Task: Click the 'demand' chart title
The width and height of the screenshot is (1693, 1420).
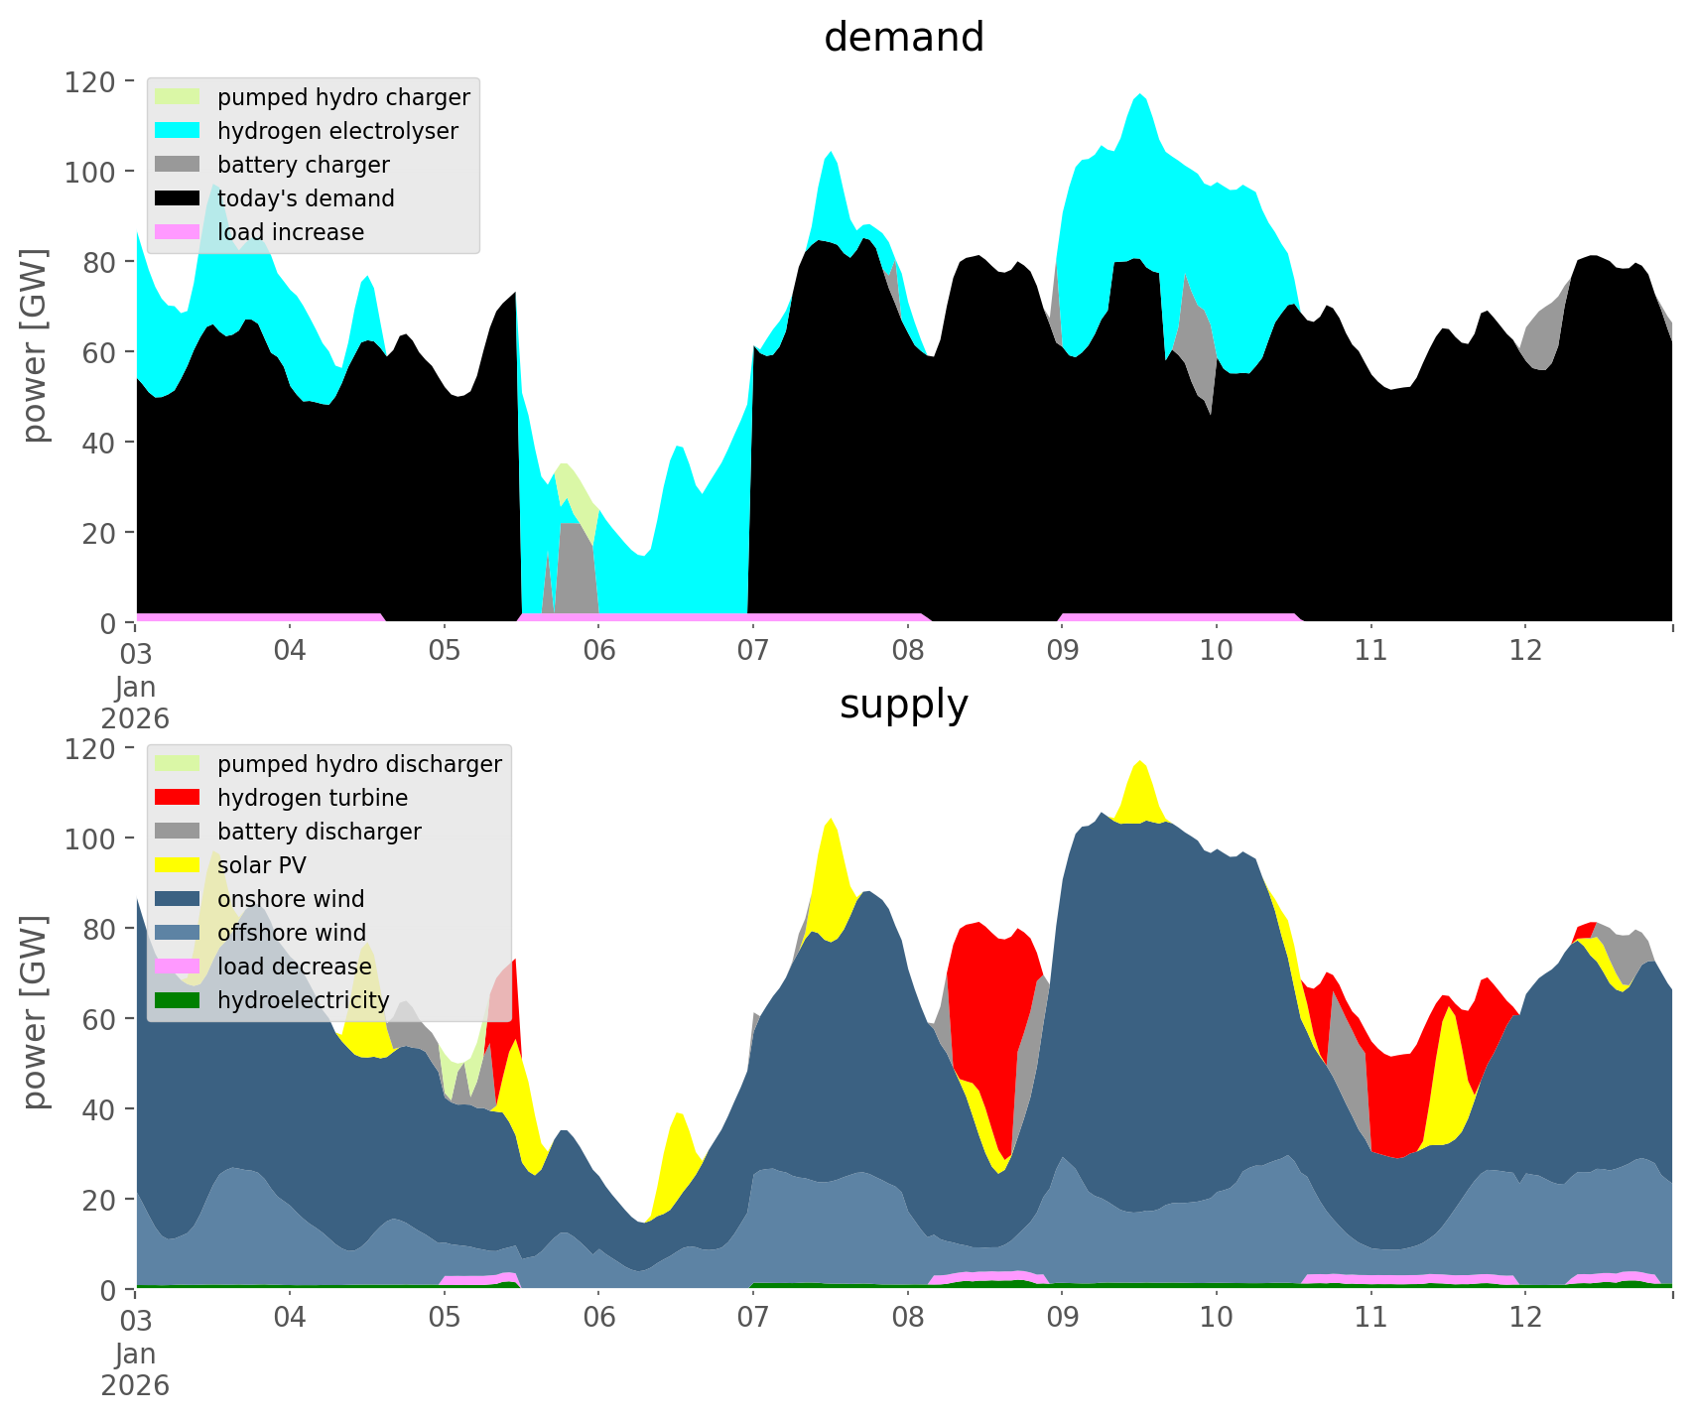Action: pos(903,38)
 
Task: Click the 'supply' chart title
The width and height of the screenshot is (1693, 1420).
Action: pos(903,705)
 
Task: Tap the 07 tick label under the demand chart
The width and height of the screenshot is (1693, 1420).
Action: pos(753,651)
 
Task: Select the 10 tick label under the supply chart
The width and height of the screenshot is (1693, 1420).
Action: pos(1216,1318)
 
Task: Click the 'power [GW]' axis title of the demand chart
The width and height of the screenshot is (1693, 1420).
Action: pos(35,345)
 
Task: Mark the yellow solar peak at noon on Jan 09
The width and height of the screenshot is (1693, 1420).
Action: pos(1140,789)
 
